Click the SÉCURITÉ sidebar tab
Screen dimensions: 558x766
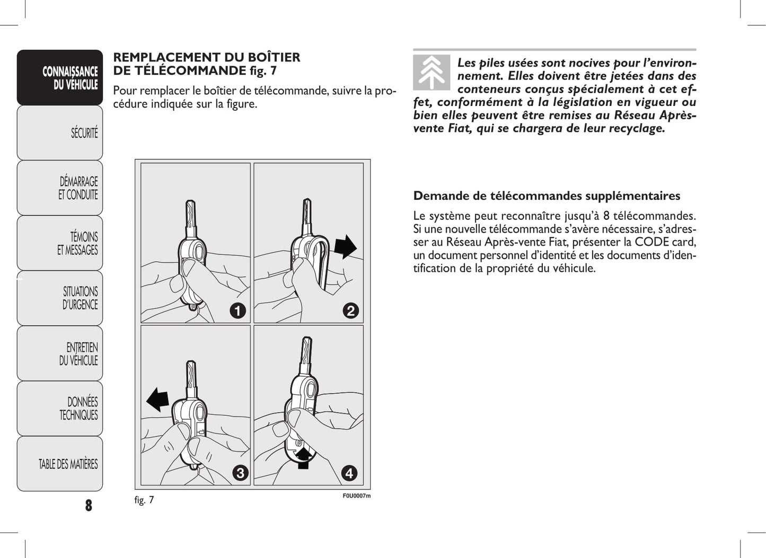60,132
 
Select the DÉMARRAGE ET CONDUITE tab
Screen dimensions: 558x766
60,188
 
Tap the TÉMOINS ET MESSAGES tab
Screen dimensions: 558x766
60,243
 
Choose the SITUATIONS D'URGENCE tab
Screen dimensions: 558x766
60,298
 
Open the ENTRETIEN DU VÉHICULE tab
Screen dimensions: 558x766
60,353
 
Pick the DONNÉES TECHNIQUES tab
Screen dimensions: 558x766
60,409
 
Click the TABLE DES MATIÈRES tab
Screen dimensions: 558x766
60,464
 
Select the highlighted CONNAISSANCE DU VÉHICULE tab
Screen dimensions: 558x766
60,78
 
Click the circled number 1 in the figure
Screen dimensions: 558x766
237,311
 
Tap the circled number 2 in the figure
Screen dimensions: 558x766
350,311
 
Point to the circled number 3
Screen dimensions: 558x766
240,473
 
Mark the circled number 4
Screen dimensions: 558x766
349,473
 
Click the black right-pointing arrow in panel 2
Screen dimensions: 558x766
345,247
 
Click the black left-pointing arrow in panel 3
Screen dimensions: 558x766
157,399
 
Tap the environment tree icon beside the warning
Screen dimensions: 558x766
432,72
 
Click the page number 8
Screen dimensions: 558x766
89,505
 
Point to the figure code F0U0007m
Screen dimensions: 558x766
356,496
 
